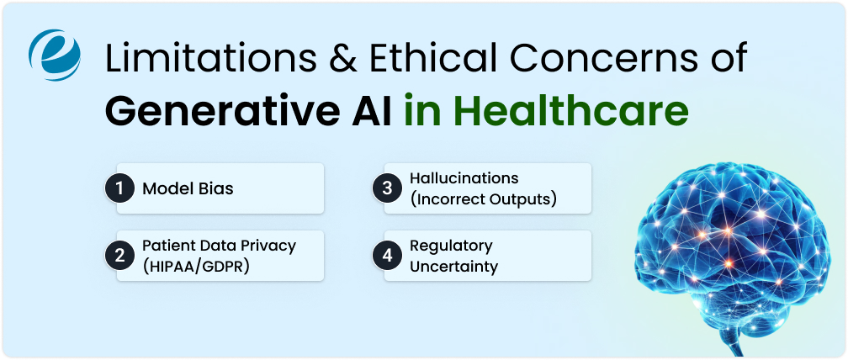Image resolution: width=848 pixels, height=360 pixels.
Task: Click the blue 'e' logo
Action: pos(54,55)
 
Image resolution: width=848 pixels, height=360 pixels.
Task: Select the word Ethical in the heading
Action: pos(437,61)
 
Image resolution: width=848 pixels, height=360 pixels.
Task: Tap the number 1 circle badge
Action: pos(119,188)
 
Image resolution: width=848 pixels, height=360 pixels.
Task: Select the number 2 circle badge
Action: pos(119,256)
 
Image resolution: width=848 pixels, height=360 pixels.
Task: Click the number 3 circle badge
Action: pos(387,188)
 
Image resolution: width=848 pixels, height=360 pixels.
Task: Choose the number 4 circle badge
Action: pos(387,256)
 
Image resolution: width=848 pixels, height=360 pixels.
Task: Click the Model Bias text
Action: pos(188,188)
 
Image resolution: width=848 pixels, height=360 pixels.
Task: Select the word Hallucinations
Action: pos(464,178)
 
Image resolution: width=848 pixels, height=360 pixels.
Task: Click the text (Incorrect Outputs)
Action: pos(483,199)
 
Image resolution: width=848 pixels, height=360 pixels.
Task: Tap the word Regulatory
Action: pos(451,246)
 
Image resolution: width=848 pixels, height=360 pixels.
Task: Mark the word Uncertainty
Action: pos(454,267)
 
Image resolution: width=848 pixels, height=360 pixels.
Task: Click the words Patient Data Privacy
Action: pos(219,246)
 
